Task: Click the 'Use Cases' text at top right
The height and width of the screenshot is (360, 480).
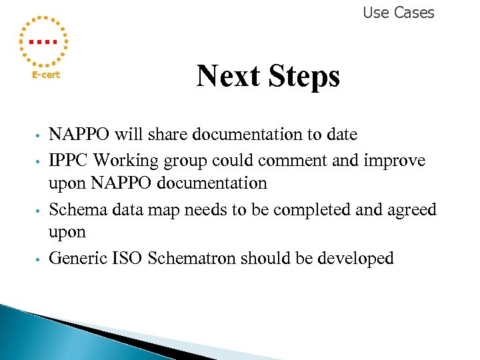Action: point(398,13)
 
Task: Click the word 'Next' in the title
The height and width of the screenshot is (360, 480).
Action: point(228,76)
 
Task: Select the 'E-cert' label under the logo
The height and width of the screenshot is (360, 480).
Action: point(46,75)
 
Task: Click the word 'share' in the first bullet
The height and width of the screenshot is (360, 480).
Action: point(169,135)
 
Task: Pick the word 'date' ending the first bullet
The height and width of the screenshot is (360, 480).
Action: point(341,135)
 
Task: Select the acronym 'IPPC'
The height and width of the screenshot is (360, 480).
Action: point(69,161)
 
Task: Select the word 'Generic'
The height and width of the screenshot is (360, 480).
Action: point(77,259)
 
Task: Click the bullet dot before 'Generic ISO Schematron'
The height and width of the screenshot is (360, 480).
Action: point(40,259)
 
